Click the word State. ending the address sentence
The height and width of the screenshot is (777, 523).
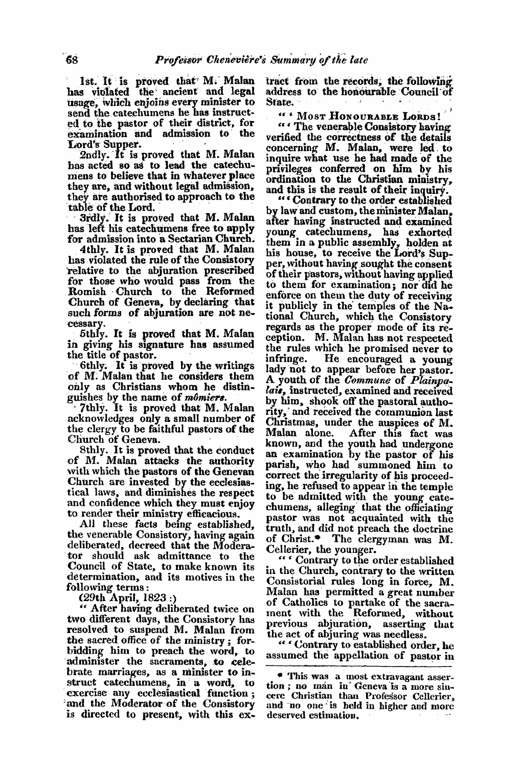(x=278, y=102)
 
